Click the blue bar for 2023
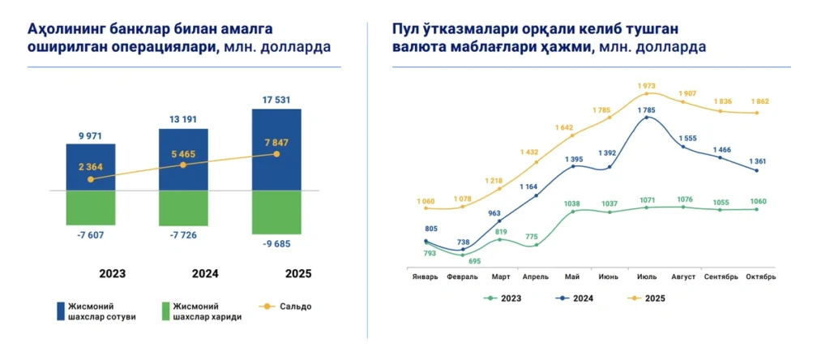(91, 167)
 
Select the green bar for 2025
(276, 212)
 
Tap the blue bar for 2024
(183, 159)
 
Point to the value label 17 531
(276, 100)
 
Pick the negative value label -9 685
(276, 243)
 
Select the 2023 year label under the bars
(112, 274)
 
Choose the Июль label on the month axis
(646, 276)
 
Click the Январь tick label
(424, 276)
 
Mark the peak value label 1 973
(646, 85)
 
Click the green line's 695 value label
(474, 261)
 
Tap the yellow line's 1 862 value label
(757, 102)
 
